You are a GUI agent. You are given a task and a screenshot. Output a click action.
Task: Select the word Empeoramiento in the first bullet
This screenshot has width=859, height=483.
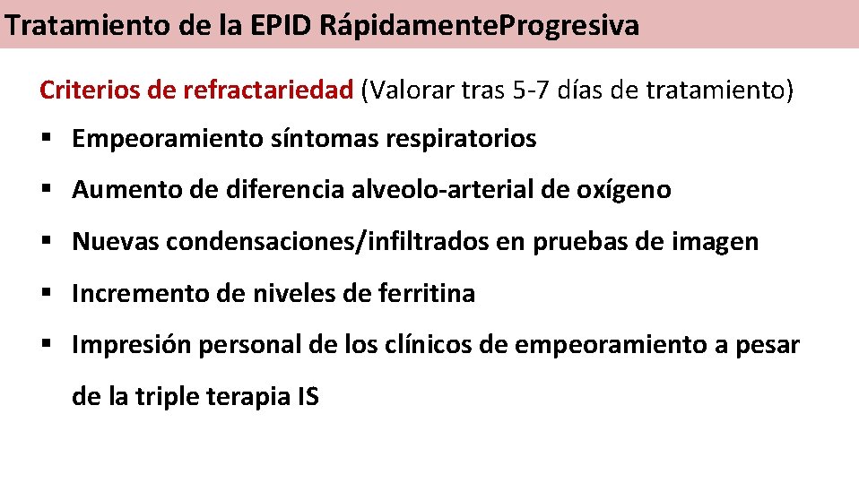pyautogui.click(x=167, y=140)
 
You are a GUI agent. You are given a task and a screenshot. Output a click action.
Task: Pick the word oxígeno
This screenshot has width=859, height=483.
pyautogui.click(x=628, y=191)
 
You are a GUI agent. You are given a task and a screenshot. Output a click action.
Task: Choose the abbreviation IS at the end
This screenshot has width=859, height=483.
pyautogui.click(x=307, y=396)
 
